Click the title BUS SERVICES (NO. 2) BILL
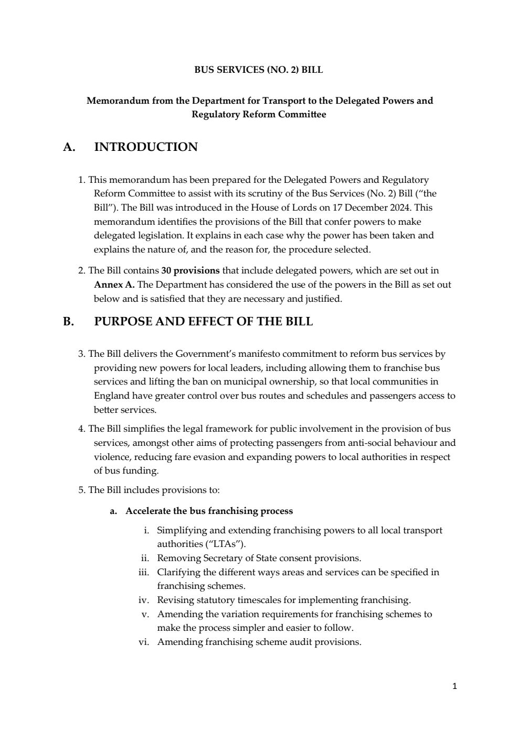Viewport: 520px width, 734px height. (259, 70)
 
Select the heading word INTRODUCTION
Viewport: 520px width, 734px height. (146, 147)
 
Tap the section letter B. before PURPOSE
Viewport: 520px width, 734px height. (68, 322)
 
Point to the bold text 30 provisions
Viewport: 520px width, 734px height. (190, 271)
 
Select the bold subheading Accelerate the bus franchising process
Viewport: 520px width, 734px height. (209, 511)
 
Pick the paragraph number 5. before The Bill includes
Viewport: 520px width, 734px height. (82, 490)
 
